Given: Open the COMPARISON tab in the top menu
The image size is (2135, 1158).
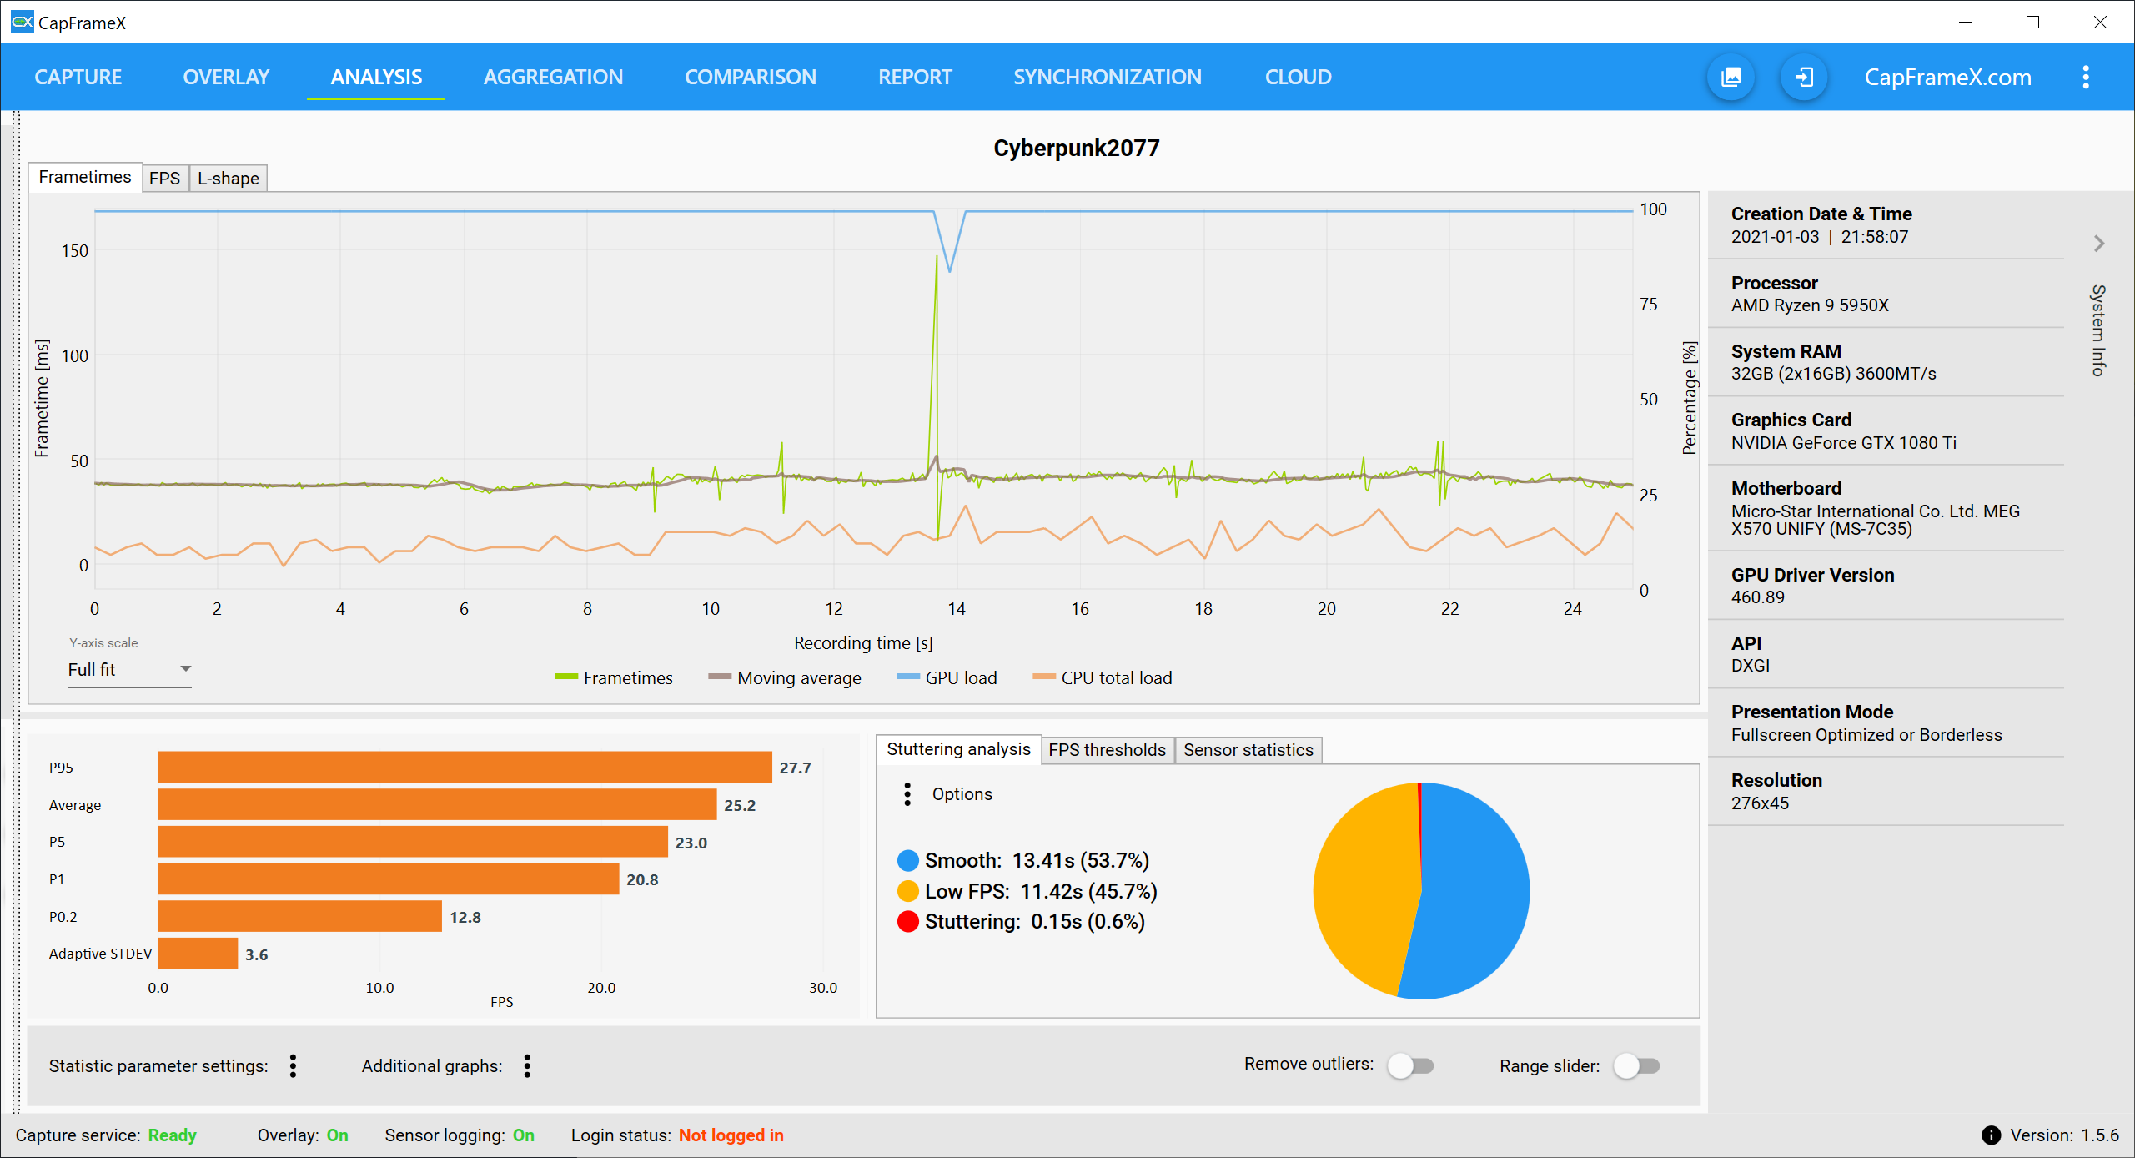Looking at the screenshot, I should [750, 77].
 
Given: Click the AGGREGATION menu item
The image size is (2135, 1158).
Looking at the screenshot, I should [553, 77].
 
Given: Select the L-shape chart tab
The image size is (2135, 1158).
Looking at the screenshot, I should [228, 179].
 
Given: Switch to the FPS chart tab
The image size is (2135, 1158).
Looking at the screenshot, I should [164, 179].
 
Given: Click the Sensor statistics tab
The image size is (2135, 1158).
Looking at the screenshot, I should [1248, 750].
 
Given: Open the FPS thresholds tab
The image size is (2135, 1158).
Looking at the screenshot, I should [1107, 750].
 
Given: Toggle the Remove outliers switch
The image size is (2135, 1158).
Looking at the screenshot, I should [1410, 1065].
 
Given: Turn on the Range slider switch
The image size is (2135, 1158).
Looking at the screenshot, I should [1636, 1065].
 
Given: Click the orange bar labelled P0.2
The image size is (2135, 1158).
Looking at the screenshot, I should [299, 916].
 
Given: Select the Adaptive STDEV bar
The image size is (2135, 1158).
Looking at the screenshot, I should [198, 954].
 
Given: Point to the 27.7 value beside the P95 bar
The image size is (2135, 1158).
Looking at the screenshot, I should [795, 768].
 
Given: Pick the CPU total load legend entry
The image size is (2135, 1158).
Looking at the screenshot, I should [1102, 678].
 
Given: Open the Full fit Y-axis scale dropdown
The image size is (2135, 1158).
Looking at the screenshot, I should [129, 670].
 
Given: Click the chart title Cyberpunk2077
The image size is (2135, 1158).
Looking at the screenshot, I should [1076, 149].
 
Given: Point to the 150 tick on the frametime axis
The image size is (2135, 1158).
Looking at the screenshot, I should [74, 251].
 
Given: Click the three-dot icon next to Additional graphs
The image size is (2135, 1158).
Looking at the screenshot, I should [527, 1065].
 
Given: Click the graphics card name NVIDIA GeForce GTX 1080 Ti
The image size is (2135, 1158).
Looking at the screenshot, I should [1843, 443].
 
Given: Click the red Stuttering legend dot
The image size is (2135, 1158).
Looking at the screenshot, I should [907, 922].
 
